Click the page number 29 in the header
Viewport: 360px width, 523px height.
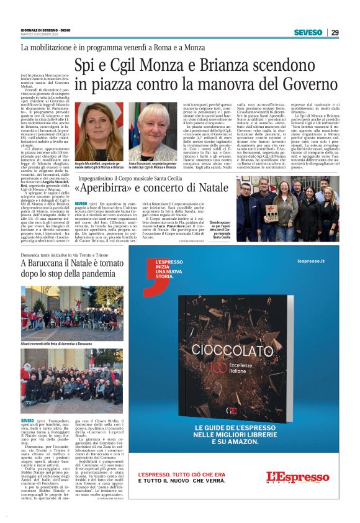click(335, 32)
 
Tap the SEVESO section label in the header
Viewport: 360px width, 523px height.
click(308, 32)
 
